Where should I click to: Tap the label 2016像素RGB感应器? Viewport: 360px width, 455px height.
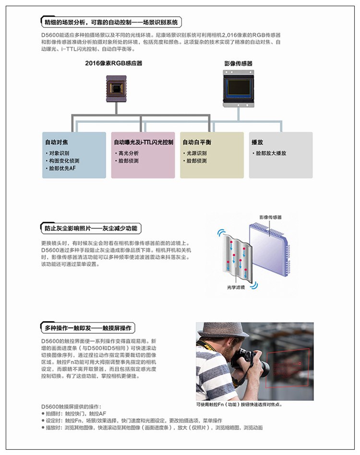point(113,63)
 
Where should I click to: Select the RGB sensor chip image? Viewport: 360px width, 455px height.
point(116,88)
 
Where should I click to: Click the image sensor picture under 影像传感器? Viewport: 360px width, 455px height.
point(239,88)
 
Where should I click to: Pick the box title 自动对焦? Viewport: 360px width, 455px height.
point(57,142)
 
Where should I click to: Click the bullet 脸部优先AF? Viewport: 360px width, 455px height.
point(60,168)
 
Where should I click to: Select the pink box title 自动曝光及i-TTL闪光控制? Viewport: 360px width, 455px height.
point(144,142)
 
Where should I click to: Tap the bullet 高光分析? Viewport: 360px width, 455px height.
point(127,153)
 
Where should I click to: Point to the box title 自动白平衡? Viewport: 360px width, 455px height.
point(197,142)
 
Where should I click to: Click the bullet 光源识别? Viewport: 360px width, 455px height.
point(195,153)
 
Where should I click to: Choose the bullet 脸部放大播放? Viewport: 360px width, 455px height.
point(269,153)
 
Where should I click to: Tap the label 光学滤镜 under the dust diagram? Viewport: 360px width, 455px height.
point(236,287)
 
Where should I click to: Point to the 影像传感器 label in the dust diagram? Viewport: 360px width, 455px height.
point(270,217)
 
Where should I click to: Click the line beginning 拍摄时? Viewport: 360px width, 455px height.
point(74,414)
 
